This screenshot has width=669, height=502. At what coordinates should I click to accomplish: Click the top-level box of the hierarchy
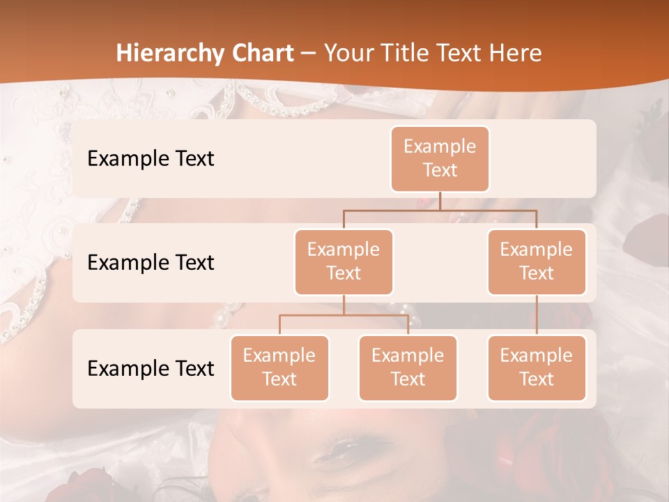[440, 158]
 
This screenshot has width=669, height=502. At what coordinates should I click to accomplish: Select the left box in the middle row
[344, 261]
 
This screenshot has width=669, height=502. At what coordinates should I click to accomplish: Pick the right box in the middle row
[537, 261]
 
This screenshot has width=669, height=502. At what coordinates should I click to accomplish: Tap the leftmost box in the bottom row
[279, 367]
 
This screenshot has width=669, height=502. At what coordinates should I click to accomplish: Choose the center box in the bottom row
[408, 367]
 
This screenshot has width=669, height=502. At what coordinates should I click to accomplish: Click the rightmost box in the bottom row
[537, 367]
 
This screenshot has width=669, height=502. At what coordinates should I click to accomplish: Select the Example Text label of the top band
[151, 158]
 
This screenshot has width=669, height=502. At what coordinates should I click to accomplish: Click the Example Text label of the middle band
[151, 262]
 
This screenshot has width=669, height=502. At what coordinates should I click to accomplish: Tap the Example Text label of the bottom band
[151, 368]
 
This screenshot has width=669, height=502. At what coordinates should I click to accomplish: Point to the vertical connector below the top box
[440, 201]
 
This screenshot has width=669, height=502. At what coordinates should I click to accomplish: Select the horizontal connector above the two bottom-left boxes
[344, 315]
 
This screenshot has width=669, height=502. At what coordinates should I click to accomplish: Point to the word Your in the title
[346, 53]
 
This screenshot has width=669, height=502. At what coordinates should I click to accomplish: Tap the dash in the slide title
[307, 54]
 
